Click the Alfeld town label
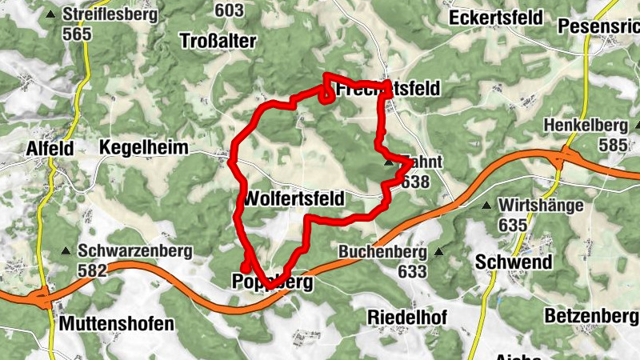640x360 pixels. [50, 148]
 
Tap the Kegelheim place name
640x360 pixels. [144, 148]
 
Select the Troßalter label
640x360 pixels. [218, 41]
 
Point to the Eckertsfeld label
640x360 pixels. [496, 18]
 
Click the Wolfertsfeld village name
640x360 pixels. [296, 198]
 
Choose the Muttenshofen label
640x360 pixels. [117, 324]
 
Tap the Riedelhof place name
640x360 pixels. [406, 317]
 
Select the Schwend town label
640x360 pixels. [514, 262]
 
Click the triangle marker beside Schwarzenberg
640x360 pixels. [66, 251]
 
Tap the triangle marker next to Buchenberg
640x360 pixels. [438, 252]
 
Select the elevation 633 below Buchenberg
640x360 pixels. [411, 271]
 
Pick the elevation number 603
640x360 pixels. [230, 10]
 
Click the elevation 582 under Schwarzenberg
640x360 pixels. [93, 270]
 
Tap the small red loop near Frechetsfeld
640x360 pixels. [327, 96]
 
